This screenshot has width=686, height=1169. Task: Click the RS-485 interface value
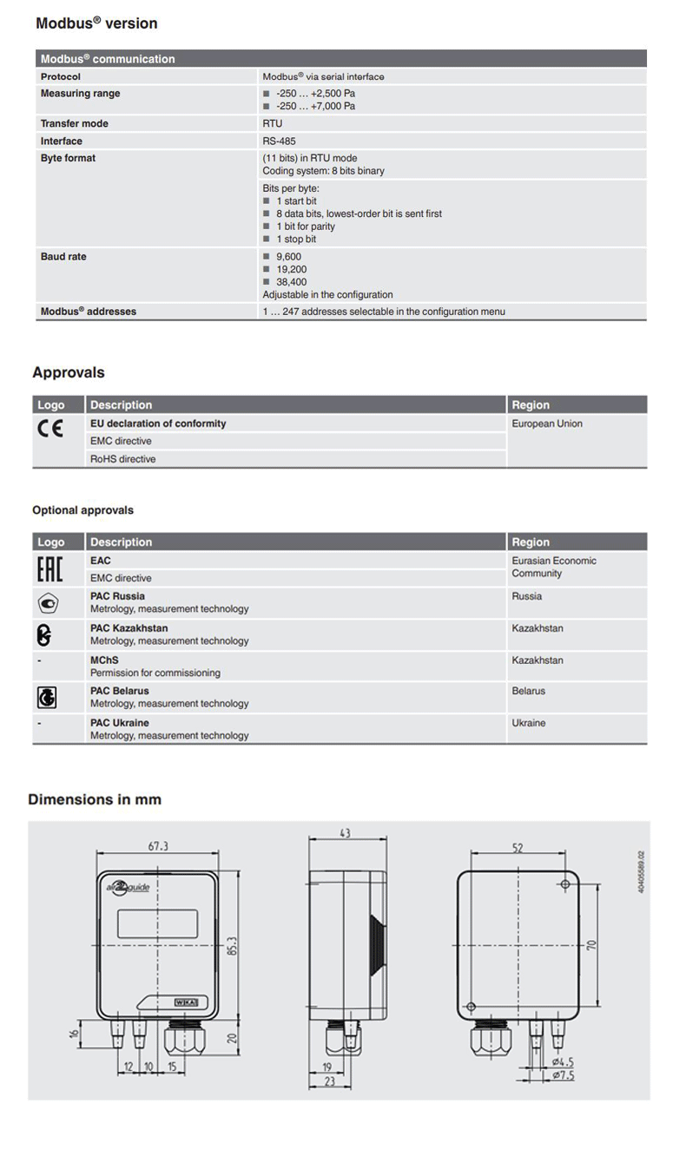(x=277, y=141)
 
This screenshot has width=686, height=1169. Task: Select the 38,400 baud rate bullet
(x=291, y=282)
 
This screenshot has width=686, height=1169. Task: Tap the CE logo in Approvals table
(x=49, y=429)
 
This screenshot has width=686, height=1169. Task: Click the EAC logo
(x=49, y=569)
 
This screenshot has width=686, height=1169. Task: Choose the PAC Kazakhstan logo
(x=44, y=635)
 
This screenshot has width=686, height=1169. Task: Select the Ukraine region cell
(x=529, y=723)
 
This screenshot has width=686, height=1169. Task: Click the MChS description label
(x=104, y=660)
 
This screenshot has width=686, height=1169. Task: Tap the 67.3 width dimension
(x=157, y=846)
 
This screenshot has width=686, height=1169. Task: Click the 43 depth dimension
(x=345, y=833)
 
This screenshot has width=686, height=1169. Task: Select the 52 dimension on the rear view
(x=518, y=848)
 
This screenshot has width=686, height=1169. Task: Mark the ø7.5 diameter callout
(x=563, y=1076)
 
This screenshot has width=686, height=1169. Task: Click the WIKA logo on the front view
(x=187, y=1002)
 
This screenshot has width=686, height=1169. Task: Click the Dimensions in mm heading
(x=95, y=799)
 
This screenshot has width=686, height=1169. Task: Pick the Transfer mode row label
(x=75, y=123)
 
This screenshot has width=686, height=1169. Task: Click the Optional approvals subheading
(x=83, y=510)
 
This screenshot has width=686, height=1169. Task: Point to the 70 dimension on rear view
(x=591, y=944)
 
